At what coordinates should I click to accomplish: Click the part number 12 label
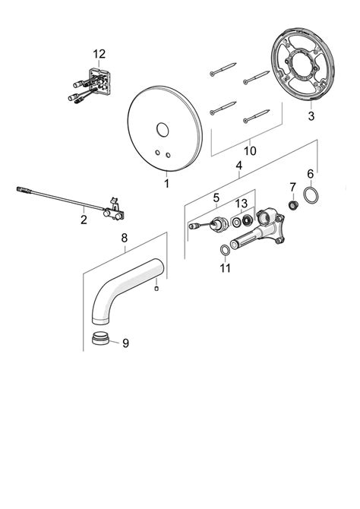point(99,53)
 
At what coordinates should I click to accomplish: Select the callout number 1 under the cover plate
point(166,184)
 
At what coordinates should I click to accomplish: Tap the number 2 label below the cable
point(84,220)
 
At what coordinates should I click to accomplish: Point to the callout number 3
point(311,116)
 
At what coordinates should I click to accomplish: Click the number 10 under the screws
point(250,150)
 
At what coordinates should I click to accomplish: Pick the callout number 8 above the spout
point(124,238)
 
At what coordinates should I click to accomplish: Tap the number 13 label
point(241,203)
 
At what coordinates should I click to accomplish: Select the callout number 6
point(310,174)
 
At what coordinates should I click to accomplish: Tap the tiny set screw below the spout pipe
point(156,288)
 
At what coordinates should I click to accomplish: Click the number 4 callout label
point(238,165)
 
